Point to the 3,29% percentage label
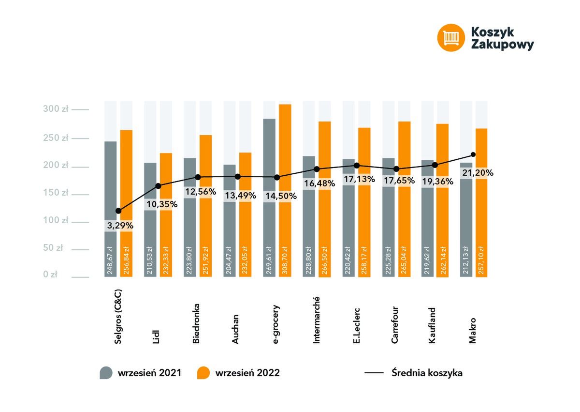point(118,226)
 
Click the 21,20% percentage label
point(478,173)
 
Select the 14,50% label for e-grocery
point(277,196)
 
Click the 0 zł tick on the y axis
point(50,275)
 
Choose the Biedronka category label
point(196,324)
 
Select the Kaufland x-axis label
point(432,325)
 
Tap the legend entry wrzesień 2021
point(141,373)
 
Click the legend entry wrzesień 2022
point(239,373)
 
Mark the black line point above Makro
point(473,155)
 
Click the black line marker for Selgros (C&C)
point(118,211)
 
